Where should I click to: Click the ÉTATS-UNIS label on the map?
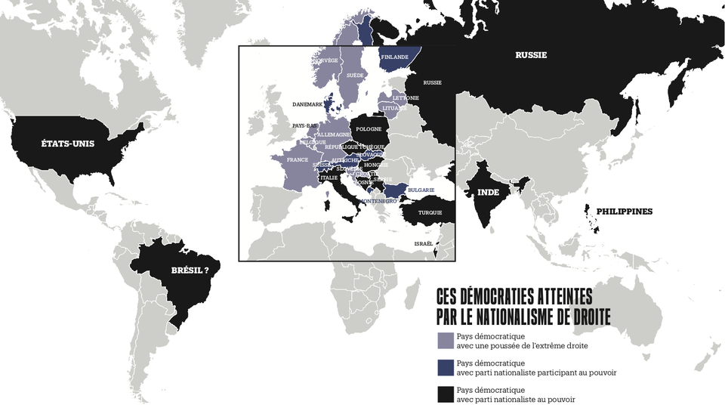[x=69, y=144]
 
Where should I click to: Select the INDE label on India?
[x=488, y=192]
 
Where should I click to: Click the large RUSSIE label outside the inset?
[x=531, y=55]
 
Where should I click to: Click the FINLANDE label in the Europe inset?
[x=395, y=57]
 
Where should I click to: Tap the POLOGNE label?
[x=369, y=129]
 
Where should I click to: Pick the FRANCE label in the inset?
[x=298, y=160]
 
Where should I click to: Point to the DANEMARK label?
[x=307, y=104]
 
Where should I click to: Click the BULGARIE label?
[x=421, y=190]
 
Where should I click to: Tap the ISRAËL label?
[x=424, y=243]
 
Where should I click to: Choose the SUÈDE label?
[x=355, y=76]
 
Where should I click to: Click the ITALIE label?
[x=329, y=178]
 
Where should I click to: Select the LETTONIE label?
[x=406, y=98]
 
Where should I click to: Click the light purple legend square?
[x=446, y=340]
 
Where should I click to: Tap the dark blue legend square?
[x=446, y=367]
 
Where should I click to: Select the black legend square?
[x=446, y=394]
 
